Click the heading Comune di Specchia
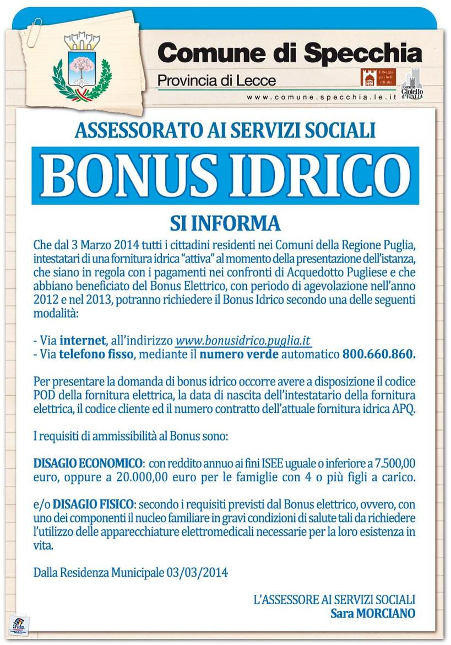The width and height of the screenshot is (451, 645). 290,53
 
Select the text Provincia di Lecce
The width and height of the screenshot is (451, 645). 216,81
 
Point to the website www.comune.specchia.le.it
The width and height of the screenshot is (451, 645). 322,96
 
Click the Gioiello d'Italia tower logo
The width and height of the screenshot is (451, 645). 412,83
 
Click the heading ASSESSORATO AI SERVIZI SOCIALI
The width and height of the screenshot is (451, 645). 225,130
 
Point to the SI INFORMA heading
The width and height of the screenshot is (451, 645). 225,224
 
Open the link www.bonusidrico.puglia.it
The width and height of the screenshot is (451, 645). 242,340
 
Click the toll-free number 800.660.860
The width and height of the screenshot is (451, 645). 378,354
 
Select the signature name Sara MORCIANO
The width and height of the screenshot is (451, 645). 373,613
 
